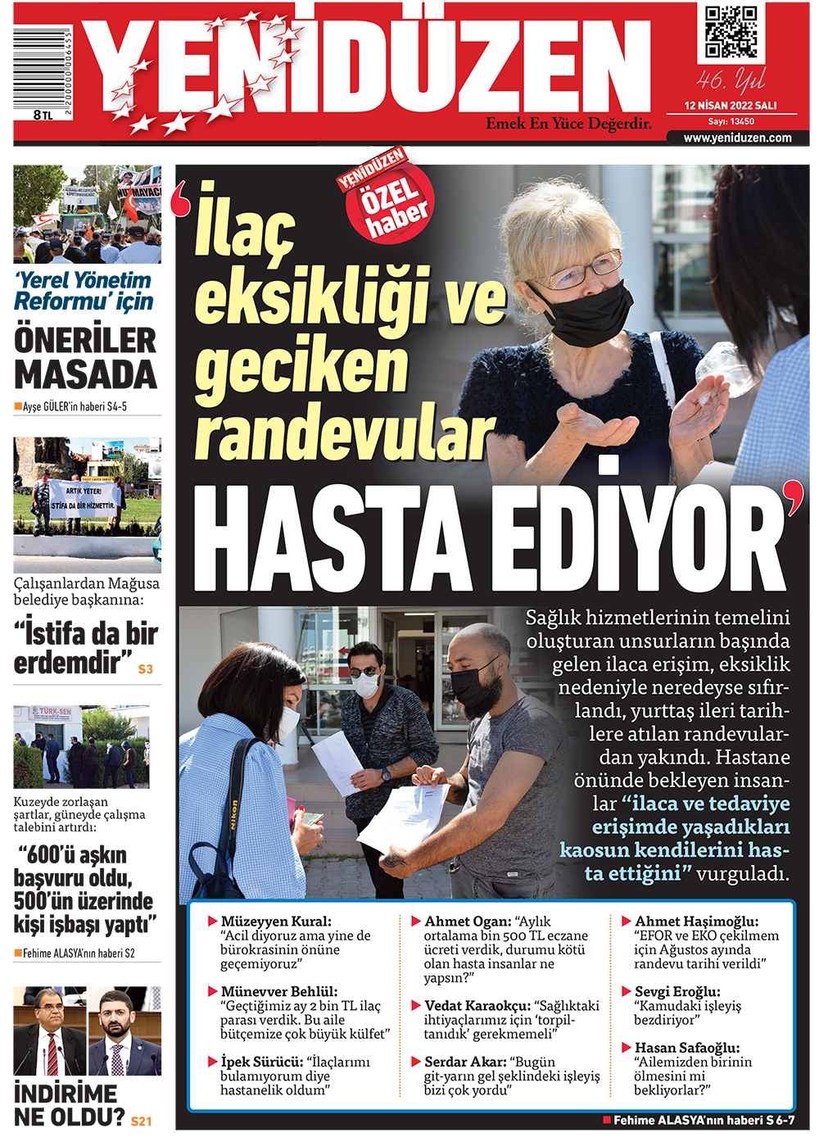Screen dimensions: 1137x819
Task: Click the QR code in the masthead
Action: [731, 33]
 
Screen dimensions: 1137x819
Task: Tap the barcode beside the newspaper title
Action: [42, 69]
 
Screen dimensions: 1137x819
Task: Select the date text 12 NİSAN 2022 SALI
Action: [731, 106]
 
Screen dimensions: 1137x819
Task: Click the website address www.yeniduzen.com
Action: [737, 138]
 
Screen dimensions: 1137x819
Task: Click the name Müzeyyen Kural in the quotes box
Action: [275, 922]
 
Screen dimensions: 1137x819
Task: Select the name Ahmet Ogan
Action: [468, 922]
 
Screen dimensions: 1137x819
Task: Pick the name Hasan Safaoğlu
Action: [686, 1048]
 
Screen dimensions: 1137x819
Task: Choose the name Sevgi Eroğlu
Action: [677, 992]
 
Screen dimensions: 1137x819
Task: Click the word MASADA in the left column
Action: [85, 375]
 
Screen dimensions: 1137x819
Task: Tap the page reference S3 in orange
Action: [145, 669]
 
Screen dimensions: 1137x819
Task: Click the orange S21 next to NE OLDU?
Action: [141, 1121]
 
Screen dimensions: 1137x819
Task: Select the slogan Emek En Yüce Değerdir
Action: [568, 124]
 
